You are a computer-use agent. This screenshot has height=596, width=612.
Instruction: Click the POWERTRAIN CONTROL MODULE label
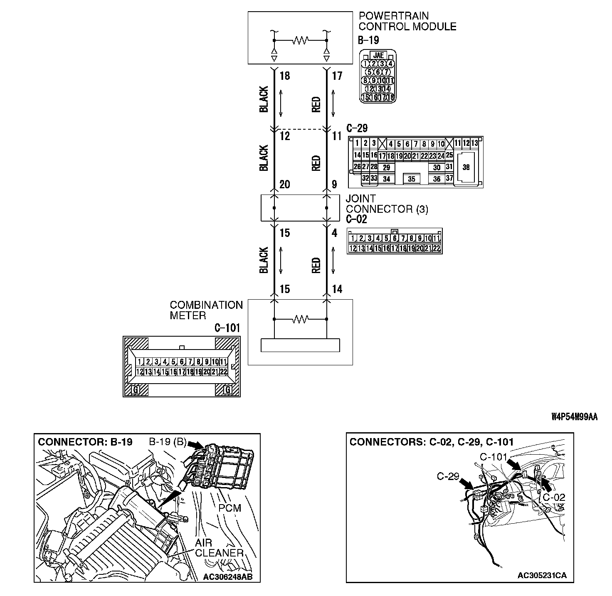coord(407,21)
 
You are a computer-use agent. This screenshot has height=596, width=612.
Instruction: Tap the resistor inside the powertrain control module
coord(300,40)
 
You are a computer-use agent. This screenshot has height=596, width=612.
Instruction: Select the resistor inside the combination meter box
coord(300,319)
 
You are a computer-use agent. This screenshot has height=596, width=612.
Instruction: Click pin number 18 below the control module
coord(285,76)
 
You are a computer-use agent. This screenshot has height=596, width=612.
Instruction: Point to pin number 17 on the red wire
coord(337,76)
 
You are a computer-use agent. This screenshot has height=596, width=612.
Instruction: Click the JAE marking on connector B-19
coord(378,55)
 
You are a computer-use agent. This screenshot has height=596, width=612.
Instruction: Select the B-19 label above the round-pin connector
coord(368,40)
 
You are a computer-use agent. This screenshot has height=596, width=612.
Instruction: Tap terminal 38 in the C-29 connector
coord(466,167)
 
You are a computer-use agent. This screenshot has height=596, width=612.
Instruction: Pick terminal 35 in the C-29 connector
coord(411,179)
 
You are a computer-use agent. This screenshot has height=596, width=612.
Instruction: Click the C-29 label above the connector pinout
coord(357,128)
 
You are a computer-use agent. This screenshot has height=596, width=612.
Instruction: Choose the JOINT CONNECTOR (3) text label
coord(387,204)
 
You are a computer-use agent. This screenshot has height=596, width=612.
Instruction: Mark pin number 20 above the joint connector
coord(285,184)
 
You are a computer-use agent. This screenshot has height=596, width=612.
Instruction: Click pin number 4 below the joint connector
coord(335,233)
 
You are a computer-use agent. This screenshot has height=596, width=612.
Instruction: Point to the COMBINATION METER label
coord(206,310)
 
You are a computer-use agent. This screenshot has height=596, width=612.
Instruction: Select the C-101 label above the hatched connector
coord(227,328)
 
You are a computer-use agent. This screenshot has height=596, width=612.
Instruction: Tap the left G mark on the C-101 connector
coord(135,390)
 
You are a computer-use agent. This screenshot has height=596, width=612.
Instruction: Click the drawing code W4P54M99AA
coord(574,417)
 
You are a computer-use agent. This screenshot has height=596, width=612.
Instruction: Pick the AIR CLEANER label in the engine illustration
coord(219,548)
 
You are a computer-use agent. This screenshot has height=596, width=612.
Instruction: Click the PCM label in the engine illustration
coord(229,508)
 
